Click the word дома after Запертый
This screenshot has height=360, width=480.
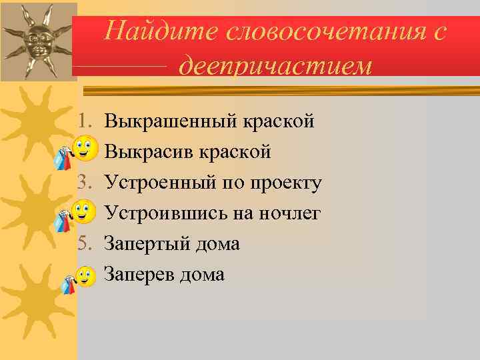(x=217, y=244)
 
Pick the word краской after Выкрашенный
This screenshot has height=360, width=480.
(x=279, y=122)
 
